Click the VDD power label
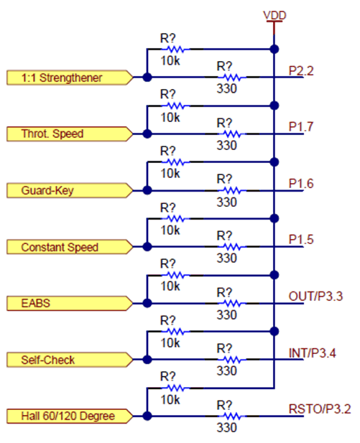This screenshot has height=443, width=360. pyautogui.click(x=274, y=15)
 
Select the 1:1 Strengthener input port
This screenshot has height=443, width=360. pyautogui.click(x=68, y=76)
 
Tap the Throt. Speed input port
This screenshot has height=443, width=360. pyautogui.click(x=68, y=133)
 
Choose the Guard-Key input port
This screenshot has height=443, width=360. pyautogui.click(x=68, y=190)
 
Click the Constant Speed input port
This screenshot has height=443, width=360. pyautogui.click(x=68, y=247)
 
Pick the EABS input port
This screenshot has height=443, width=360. pyautogui.click(x=68, y=303)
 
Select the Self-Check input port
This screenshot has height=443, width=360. pyautogui.click(x=68, y=359)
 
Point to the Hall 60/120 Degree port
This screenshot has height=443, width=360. pyautogui.click(x=68, y=416)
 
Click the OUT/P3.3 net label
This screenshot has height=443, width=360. pyautogui.click(x=315, y=297)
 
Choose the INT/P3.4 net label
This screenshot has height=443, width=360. pyautogui.click(x=313, y=353)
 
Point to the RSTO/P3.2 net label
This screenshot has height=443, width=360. pyautogui.click(x=318, y=409)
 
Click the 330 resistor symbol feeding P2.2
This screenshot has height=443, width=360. pyautogui.click(x=228, y=76)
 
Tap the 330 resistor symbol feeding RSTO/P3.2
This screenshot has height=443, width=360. pyautogui.click(x=228, y=416)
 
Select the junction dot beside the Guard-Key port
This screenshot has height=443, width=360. pyautogui.click(x=147, y=190)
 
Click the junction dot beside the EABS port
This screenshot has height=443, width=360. pyautogui.click(x=147, y=303)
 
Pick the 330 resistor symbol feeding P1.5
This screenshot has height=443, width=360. pyautogui.click(x=228, y=247)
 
